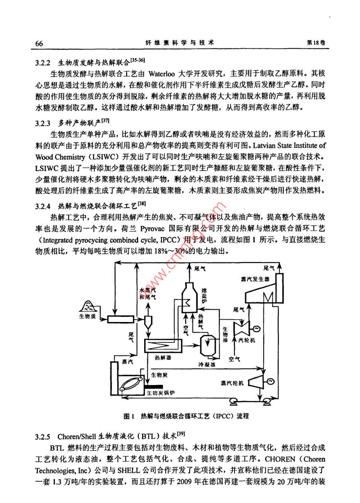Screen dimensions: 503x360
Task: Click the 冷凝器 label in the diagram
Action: point(207,364)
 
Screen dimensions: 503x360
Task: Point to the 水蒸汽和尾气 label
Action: point(146,294)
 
